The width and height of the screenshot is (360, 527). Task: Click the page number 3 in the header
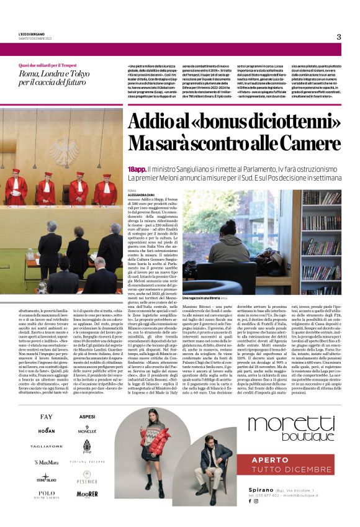coord(339,37)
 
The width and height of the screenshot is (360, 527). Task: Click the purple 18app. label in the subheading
coord(137,169)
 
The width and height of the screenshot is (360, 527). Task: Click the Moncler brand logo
coord(87,429)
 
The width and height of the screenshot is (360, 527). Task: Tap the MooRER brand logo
coord(87,493)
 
